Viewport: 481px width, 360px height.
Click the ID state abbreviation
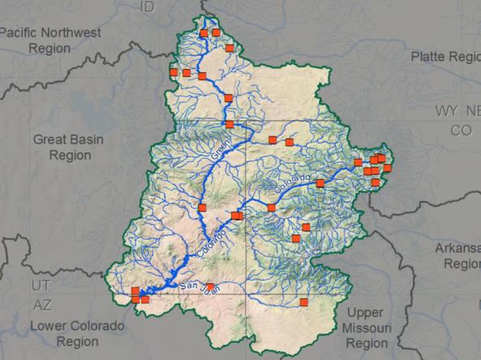148,7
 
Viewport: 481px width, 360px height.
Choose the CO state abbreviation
462,130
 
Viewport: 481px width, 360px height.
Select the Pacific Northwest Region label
50,40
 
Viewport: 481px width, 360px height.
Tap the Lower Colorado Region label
77,333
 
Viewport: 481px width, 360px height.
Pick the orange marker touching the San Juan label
210,286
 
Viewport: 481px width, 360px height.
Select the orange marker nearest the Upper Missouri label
304,302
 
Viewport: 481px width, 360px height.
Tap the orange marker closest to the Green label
230,125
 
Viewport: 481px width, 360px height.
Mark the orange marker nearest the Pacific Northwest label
174,72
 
